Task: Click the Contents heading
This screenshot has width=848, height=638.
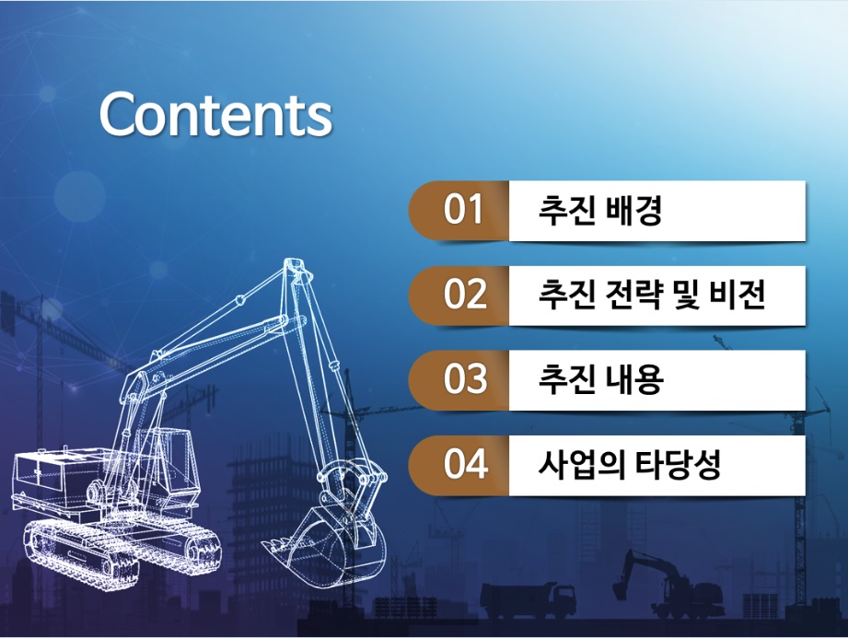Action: tap(215, 115)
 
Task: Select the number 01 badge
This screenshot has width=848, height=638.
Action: tap(459, 210)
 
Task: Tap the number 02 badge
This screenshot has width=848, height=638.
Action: tap(459, 296)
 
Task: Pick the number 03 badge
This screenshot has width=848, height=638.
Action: tap(459, 379)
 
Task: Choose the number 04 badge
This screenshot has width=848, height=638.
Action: tap(459, 465)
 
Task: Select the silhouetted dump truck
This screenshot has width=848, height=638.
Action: tap(528, 600)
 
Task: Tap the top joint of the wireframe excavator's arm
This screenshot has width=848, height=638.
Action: tap(296, 269)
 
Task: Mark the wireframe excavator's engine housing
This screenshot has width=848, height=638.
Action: tap(60, 476)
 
